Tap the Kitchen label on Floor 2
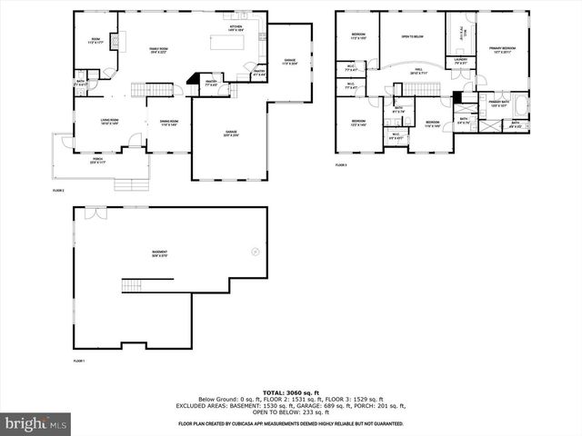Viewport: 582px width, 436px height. [236, 28]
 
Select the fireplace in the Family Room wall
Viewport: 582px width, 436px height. [193, 80]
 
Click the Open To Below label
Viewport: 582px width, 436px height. [412, 37]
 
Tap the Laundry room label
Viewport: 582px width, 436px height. [461, 61]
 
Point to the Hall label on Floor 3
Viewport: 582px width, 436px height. [420, 71]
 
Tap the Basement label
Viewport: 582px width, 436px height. [160, 253]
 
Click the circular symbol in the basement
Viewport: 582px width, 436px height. [255, 252]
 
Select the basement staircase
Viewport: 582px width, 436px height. [133, 285]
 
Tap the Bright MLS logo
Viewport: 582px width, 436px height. [36, 423]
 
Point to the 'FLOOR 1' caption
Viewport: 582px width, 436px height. [78, 361]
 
